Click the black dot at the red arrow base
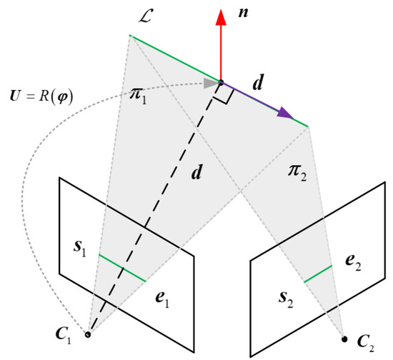pos(221,82)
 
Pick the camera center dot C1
pos(88,334)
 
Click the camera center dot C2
pos(344,338)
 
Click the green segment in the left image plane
pos(122,268)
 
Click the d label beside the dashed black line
pos(194,174)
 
